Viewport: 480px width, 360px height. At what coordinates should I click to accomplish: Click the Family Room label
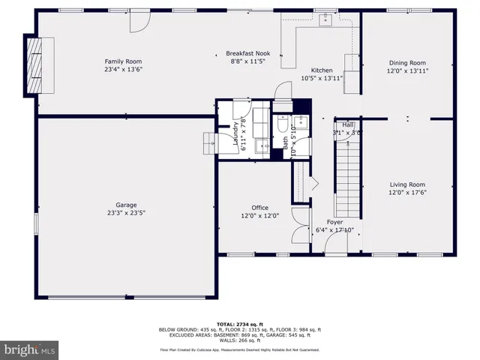click(123, 61)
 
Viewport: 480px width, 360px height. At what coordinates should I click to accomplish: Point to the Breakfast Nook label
click(247, 53)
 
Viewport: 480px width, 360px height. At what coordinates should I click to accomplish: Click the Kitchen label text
click(322, 69)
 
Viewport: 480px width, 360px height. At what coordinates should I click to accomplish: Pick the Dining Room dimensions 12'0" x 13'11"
click(407, 71)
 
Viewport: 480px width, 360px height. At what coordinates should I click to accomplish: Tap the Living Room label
click(407, 184)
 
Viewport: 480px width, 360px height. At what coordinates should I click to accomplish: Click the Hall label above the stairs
click(348, 124)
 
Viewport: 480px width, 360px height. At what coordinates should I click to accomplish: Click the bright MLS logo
click(30, 349)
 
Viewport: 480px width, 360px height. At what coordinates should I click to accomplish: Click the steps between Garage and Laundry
click(208, 142)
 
